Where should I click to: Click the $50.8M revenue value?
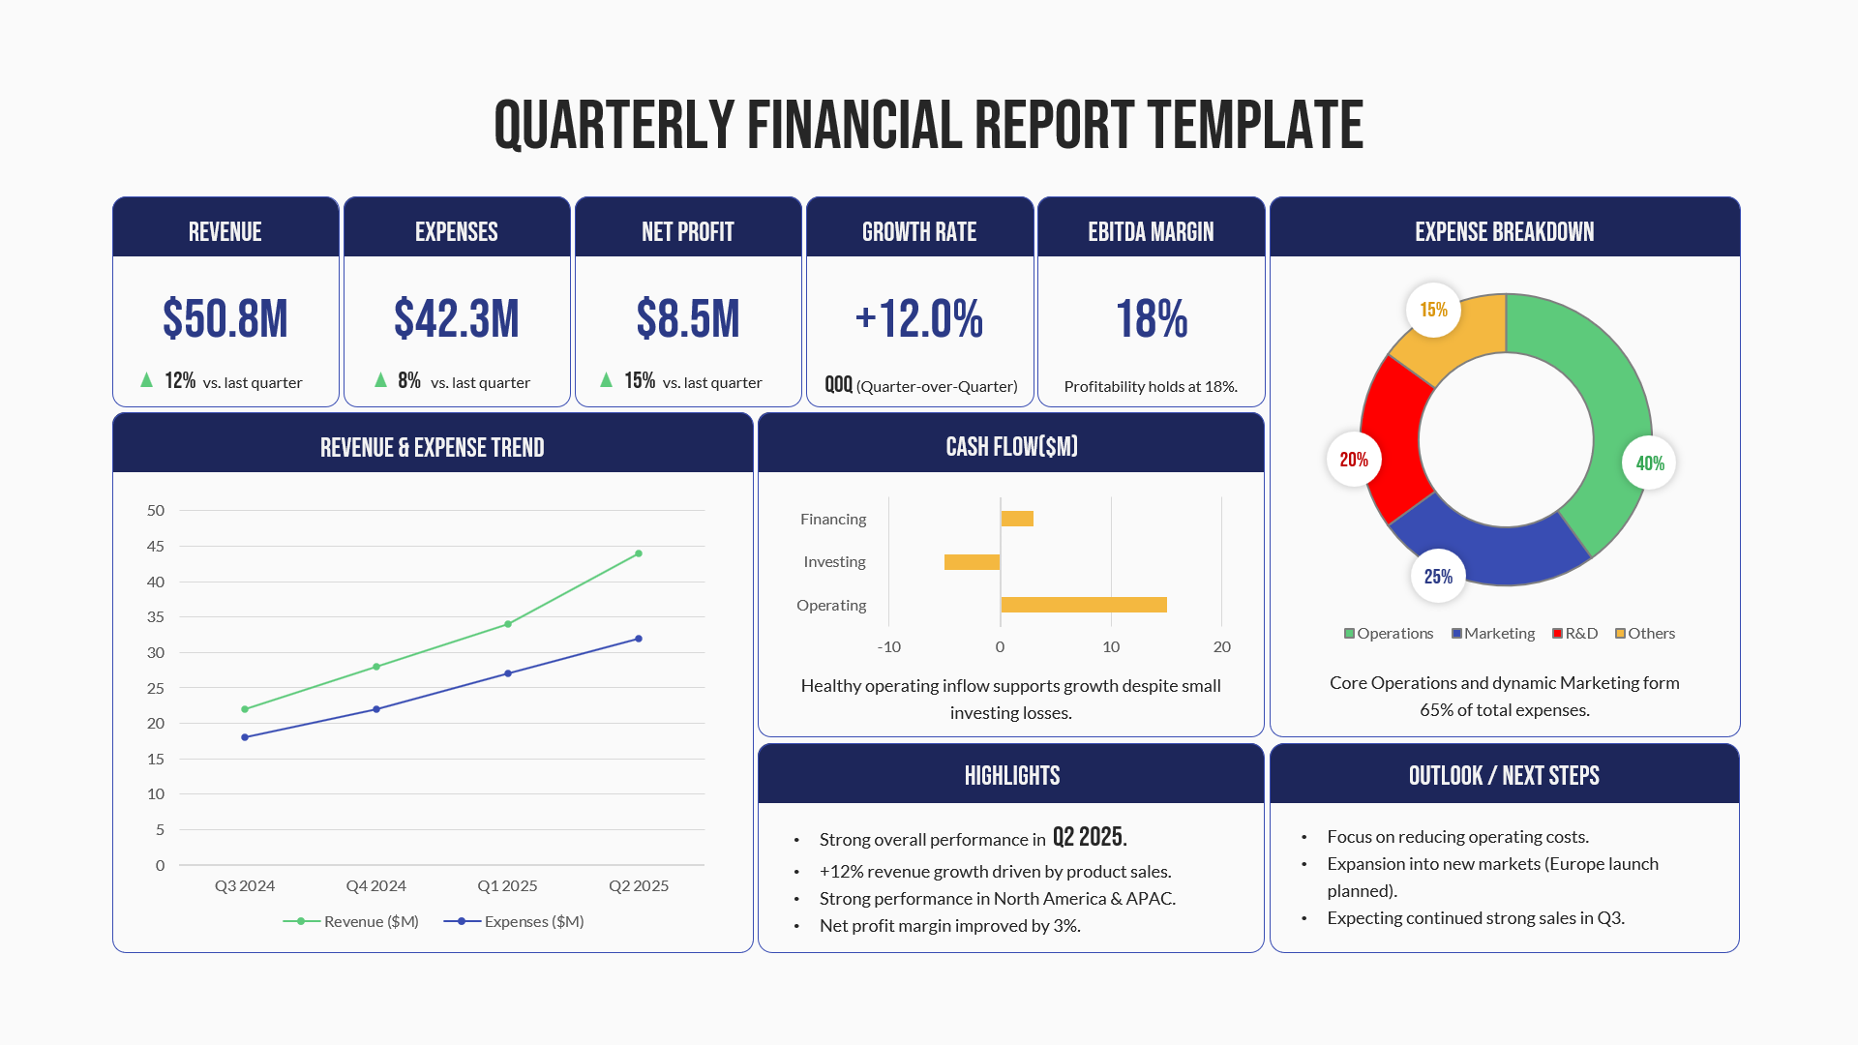(x=225, y=319)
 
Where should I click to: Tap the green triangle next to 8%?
(x=380, y=380)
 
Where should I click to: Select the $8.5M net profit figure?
(x=688, y=319)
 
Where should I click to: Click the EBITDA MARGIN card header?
(x=1151, y=231)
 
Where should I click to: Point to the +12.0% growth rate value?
(x=919, y=319)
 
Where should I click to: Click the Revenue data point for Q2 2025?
(x=639, y=553)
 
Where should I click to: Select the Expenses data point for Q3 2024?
(x=245, y=737)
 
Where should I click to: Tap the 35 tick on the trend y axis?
(x=156, y=617)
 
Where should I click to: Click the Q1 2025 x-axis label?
(x=507, y=885)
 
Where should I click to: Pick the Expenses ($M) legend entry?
(x=514, y=921)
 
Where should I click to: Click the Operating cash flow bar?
(x=1084, y=605)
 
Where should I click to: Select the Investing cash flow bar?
(x=972, y=562)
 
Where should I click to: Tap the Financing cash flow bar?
(x=1017, y=519)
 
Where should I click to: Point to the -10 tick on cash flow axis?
(x=888, y=646)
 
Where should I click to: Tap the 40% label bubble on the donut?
(x=1649, y=463)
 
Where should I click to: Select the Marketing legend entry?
(x=1493, y=634)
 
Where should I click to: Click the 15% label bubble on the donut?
(x=1433, y=310)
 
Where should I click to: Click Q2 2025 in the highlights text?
(x=1089, y=837)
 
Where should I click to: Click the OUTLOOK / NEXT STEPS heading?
(x=1504, y=775)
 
